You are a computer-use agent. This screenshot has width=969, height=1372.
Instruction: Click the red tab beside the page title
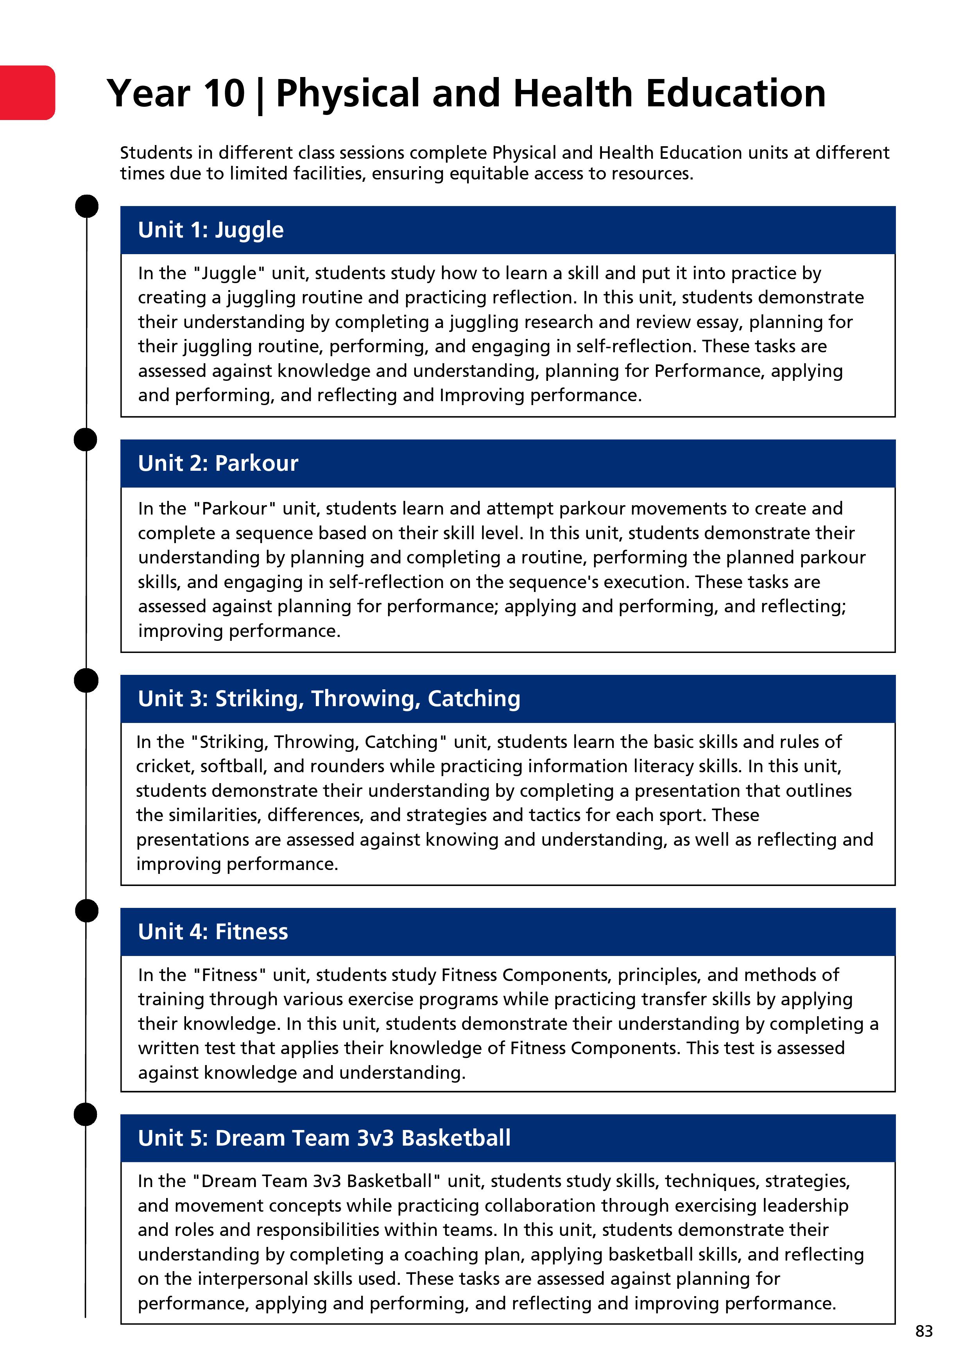click(27, 93)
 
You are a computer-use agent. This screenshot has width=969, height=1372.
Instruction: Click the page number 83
click(924, 1331)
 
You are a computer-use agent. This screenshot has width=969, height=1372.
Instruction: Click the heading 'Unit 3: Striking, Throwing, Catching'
click(329, 699)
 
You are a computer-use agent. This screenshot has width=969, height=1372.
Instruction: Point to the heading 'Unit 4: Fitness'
click(213, 932)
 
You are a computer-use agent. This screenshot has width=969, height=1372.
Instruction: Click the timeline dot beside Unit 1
click(87, 206)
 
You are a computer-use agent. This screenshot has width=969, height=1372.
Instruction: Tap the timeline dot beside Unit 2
click(86, 439)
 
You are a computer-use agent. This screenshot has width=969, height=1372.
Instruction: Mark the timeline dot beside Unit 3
click(86, 680)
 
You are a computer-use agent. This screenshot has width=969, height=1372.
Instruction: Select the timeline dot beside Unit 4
click(87, 911)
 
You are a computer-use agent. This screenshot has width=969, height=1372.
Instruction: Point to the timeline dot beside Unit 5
click(86, 1114)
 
